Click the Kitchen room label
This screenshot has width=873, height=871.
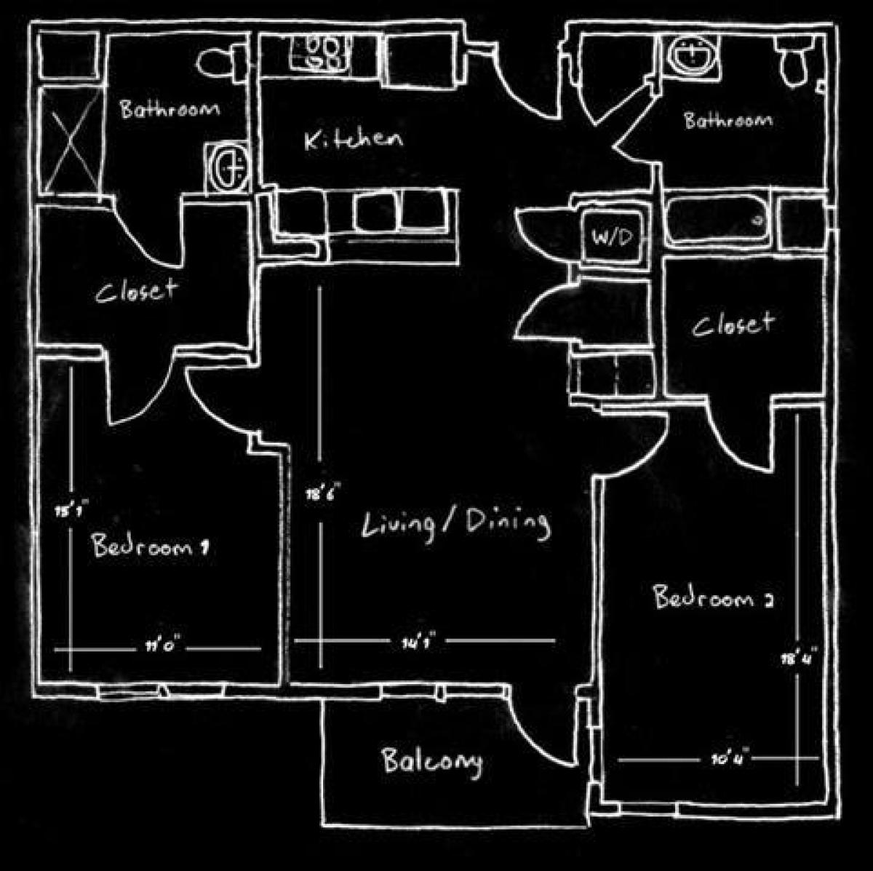pos(353,139)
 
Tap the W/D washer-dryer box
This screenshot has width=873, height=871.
pos(613,236)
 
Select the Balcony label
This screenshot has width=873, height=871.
pos(431,762)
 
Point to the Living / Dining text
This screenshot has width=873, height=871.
pos(455,524)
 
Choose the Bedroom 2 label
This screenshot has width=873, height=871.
pos(712,598)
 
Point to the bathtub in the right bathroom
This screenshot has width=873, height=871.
pos(718,218)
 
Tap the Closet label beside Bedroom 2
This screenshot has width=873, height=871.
pos(732,323)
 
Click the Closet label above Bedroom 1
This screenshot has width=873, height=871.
pos(136,292)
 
